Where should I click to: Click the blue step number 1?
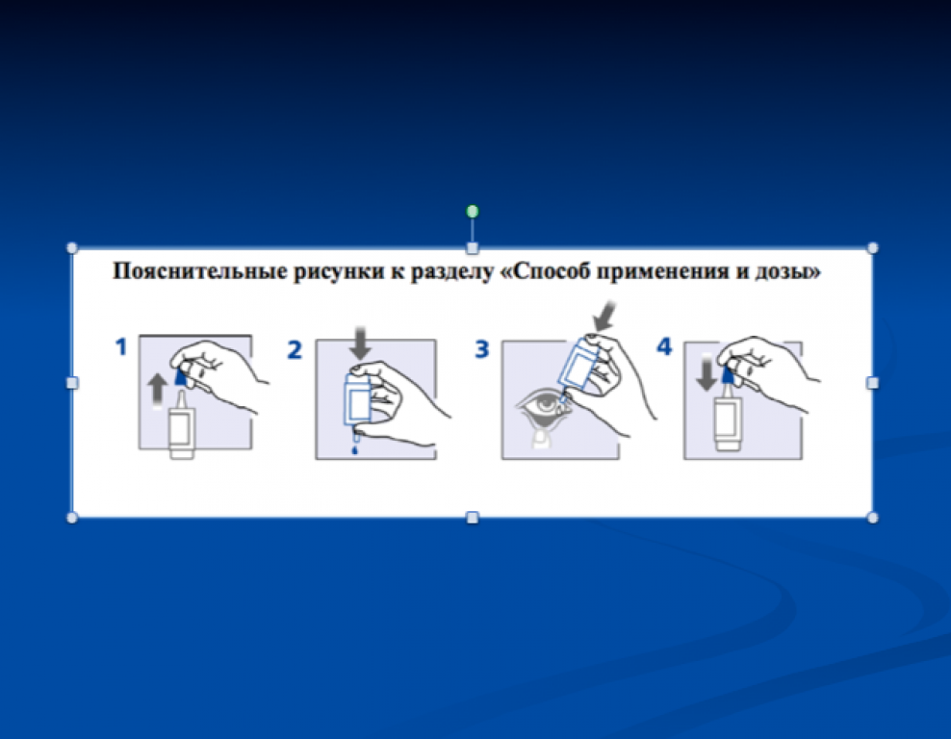[122, 347]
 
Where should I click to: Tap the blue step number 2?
[295, 350]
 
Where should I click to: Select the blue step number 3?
[481, 350]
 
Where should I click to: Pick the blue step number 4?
[665, 346]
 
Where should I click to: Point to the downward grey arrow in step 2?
[361, 344]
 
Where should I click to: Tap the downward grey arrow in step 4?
[707, 374]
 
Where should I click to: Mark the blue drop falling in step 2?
[355, 450]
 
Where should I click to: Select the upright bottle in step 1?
[181, 424]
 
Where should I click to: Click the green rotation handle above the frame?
[473, 211]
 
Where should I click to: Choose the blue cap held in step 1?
[181, 376]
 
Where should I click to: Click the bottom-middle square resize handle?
[473, 517]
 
